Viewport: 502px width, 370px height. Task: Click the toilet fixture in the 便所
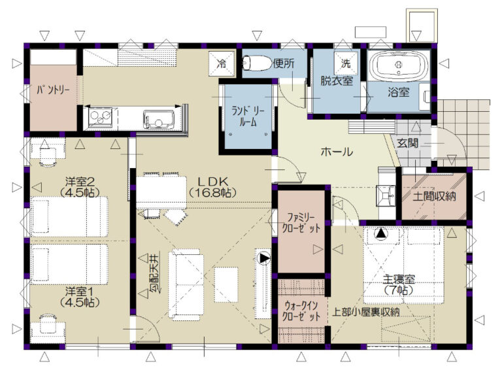(256, 63)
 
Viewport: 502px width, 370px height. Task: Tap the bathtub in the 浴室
(399, 65)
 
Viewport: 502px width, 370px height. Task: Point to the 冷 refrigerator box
(221, 63)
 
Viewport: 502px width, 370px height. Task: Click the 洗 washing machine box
(345, 63)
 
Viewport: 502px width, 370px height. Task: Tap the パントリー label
(53, 90)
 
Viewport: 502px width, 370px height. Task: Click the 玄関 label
(408, 143)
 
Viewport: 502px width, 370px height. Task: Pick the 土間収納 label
(434, 196)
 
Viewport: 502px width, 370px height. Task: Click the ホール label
(337, 152)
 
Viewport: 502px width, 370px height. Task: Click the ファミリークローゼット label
(300, 223)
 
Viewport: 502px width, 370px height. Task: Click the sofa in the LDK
(186, 284)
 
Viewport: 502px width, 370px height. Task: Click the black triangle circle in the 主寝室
(380, 233)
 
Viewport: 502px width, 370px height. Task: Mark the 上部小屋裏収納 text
(366, 312)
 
